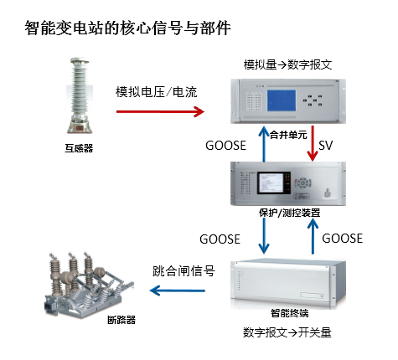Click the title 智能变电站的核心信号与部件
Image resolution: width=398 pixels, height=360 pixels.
coord(127,28)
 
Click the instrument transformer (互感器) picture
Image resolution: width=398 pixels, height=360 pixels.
coord(80,95)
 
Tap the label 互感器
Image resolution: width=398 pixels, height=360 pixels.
coord(79,148)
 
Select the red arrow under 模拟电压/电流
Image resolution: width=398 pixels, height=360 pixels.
coord(160,111)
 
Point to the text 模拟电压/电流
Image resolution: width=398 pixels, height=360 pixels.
coord(157,92)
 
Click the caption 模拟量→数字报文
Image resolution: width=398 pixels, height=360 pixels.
coord(287,64)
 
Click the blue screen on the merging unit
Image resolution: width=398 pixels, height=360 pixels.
coord(282,100)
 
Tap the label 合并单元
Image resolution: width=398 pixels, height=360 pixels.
coord(288,135)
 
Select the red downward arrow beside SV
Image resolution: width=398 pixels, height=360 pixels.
coord(313,143)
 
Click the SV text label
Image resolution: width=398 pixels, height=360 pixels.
coord(326,146)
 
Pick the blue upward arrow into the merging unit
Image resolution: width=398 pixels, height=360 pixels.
coord(263,143)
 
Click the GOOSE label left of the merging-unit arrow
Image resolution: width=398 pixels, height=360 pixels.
coord(225,146)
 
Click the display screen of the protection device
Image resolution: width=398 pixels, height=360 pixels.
coord(274,183)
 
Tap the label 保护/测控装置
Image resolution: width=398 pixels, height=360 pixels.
coord(290,213)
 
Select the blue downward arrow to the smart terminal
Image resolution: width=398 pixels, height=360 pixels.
coord(264,236)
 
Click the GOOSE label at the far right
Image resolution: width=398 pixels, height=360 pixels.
coord(343,239)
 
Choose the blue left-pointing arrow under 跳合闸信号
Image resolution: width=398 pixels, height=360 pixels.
coord(178,291)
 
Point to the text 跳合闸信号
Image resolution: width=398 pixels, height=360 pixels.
coord(183,271)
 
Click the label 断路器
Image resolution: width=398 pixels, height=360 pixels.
coord(121,320)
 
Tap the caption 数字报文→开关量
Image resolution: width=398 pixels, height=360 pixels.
coord(287,332)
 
